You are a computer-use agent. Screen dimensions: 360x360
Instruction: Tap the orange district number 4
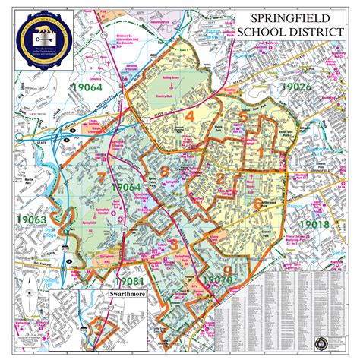click(190, 115)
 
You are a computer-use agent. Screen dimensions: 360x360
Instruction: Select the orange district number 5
click(242, 118)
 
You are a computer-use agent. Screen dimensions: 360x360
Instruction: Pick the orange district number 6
click(257, 203)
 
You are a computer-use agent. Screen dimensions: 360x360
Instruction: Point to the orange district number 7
click(102, 178)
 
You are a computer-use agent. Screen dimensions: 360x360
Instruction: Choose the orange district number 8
click(163, 171)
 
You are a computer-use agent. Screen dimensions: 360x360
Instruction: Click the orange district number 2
click(220, 178)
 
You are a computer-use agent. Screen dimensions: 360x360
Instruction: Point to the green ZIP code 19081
click(112, 267)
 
